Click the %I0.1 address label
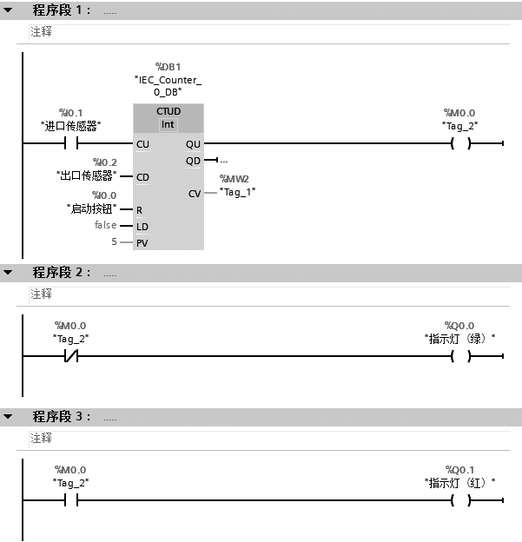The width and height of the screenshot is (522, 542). pyautogui.click(x=70, y=113)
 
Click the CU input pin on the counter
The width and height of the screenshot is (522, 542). pyautogui.click(x=142, y=143)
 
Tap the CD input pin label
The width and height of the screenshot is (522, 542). pyautogui.click(x=142, y=177)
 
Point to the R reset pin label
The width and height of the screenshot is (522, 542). pyautogui.click(x=139, y=210)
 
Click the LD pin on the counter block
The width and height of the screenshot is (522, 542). pyautogui.click(x=142, y=227)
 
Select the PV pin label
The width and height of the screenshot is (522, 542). pyautogui.click(x=142, y=243)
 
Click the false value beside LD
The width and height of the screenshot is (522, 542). pyautogui.click(x=106, y=226)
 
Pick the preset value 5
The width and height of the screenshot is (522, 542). pyautogui.click(x=114, y=242)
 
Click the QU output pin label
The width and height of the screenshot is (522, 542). pyautogui.click(x=193, y=143)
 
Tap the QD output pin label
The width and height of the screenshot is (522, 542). pyautogui.click(x=193, y=161)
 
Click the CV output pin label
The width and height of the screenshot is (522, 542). pyautogui.click(x=195, y=194)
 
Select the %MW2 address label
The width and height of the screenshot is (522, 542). pyautogui.click(x=235, y=178)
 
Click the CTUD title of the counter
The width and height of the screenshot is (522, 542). pyautogui.click(x=168, y=112)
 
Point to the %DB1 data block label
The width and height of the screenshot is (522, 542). pyautogui.click(x=168, y=67)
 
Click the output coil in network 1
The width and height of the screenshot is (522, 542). pyautogui.click(x=459, y=143)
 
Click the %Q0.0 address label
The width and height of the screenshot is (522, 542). pyautogui.click(x=459, y=326)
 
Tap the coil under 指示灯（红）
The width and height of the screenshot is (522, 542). pyautogui.click(x=459, y=500)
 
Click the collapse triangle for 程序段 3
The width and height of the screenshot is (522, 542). pyautogui.click(x=9, y=417)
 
